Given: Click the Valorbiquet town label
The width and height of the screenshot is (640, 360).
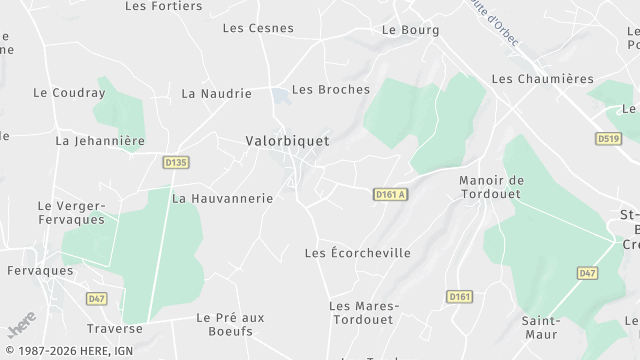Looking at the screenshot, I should click(287, 141).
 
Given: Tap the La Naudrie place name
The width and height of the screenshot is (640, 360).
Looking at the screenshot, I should click(216, 93).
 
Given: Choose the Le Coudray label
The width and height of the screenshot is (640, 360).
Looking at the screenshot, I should click(69, 93).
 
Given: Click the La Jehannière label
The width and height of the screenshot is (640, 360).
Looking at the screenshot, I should click(100, 141).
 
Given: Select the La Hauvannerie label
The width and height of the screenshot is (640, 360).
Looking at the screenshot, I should click(222, 198).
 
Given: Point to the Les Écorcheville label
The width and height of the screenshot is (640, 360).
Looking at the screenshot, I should click(357, 253).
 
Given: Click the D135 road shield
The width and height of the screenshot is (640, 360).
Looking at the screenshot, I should click(175, 161).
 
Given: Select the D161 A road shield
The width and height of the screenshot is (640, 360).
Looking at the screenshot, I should click(391, 194).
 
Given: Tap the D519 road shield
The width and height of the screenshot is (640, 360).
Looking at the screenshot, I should click(608, 139).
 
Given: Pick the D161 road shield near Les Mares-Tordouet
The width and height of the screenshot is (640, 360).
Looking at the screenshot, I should click(459, 297).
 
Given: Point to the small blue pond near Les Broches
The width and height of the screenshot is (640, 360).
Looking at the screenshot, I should click(277, 95).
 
